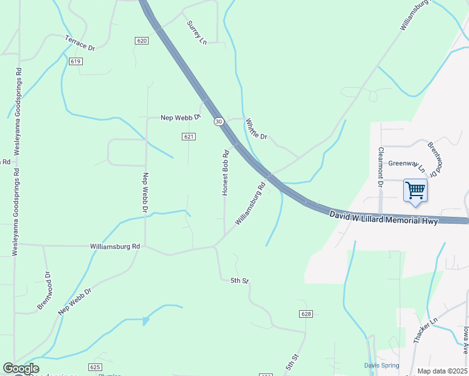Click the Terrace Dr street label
pyautogui.click(x=80, y=43)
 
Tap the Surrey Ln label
pyautogui.click(x=196, y=32)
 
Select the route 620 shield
pyautogui.click(x=141, y=40)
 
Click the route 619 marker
pyautogui.click(x=76, y=61)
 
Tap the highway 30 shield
pyautogui.click(x=218, y=122)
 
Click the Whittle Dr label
pyautogui.click(x=256, y=129)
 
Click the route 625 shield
pyautogui.click(x=95, y=367)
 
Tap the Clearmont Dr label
pyautogui.click(x=380, y=167)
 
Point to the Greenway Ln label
pyautogui.click(x=407, y=165)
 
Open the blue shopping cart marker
pyautogui.click(x=415, y=190)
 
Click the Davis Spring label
pyautogui.click(x=382, y=365)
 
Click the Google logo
pyautogui.click(x=21, y=369)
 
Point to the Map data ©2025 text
pyautogui.click(x=442, y=371)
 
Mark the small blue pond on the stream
pyautogui.click(x=146, y=321)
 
